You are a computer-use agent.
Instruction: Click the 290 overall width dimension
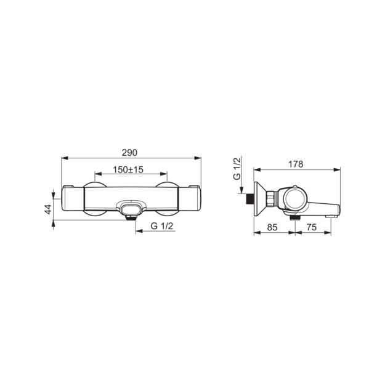129,153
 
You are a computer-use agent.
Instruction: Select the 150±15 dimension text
128,169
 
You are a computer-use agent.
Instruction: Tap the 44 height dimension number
48,209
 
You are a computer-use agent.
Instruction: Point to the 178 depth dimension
296,164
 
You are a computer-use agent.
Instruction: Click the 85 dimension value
272,227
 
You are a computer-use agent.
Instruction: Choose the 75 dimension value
311,227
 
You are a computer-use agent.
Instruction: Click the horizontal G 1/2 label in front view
162,226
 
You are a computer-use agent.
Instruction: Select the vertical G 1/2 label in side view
237,169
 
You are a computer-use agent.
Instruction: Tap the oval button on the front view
131,209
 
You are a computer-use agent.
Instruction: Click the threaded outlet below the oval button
131,217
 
